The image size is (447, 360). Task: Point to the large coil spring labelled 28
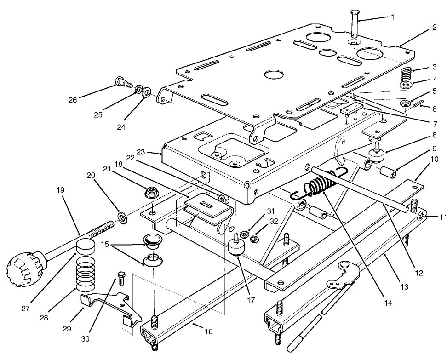coord(88,276)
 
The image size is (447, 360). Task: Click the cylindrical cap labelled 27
coord(86,247)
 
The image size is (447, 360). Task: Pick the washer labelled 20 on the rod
coord(122,216)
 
